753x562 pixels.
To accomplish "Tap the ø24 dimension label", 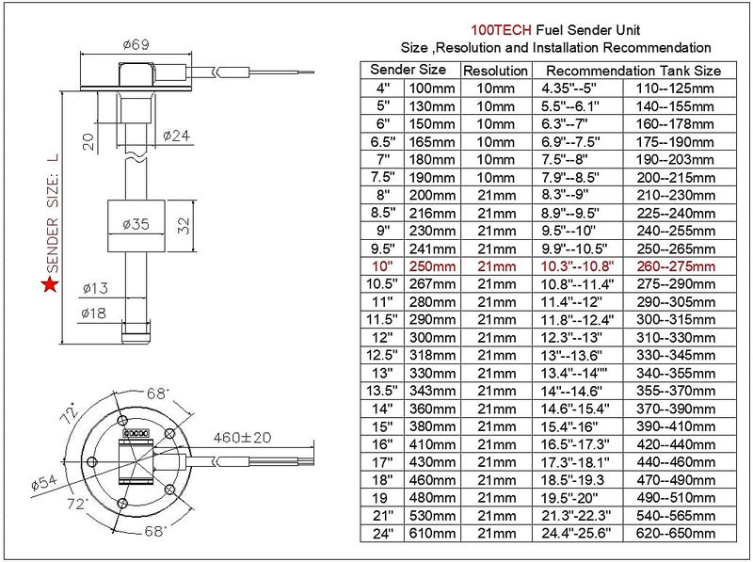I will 176,136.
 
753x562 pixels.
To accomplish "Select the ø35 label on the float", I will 136,224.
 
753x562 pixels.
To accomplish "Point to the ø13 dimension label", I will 97,288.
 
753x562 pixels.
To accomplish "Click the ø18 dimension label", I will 97,313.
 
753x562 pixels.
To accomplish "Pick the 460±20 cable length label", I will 243,438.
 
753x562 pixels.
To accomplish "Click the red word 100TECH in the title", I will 499,29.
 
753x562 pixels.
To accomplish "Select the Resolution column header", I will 495,71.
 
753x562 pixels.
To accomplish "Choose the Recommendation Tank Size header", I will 633,71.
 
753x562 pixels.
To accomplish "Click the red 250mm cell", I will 430,267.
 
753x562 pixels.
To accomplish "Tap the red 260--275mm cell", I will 675,267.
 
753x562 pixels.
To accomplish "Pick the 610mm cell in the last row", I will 430,533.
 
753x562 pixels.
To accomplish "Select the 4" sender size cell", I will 382,88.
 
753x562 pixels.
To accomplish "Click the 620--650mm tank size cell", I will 675,533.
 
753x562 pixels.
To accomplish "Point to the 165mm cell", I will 430,141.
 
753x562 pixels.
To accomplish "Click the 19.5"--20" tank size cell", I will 579,497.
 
